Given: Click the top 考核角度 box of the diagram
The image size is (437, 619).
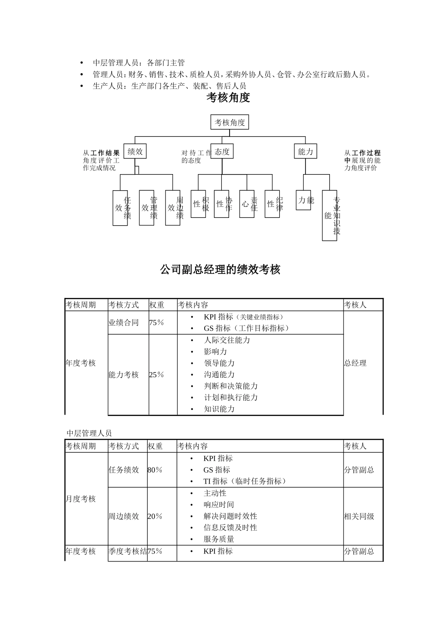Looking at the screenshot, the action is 230,123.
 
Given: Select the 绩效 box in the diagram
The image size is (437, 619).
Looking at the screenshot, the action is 135,152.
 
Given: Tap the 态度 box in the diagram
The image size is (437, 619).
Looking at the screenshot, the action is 222,152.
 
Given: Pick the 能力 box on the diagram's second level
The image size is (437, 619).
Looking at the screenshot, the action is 305,152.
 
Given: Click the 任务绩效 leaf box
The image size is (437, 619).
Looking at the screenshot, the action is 121,208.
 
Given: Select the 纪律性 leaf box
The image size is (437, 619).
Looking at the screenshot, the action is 272,204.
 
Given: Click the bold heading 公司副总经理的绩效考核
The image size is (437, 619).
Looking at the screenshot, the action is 220,269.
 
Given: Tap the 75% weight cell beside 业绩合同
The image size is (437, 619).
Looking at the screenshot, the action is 156,323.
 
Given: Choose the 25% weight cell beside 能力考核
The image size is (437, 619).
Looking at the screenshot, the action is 156,375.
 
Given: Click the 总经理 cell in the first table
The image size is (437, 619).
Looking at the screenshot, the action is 355,363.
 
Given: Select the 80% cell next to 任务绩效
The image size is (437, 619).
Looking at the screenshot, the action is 155,470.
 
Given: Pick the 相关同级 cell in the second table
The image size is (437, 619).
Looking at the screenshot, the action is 359,516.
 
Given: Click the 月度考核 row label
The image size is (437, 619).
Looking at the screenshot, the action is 81,499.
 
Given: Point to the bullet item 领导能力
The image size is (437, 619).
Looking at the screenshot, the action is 219,363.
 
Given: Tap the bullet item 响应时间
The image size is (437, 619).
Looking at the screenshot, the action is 218,505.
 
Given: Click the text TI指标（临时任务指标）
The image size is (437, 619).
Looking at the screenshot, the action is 245,481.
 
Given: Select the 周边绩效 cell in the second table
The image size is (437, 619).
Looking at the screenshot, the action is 124,516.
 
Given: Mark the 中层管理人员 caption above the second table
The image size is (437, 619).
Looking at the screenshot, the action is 89,433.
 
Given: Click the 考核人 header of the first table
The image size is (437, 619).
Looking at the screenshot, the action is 355,305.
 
